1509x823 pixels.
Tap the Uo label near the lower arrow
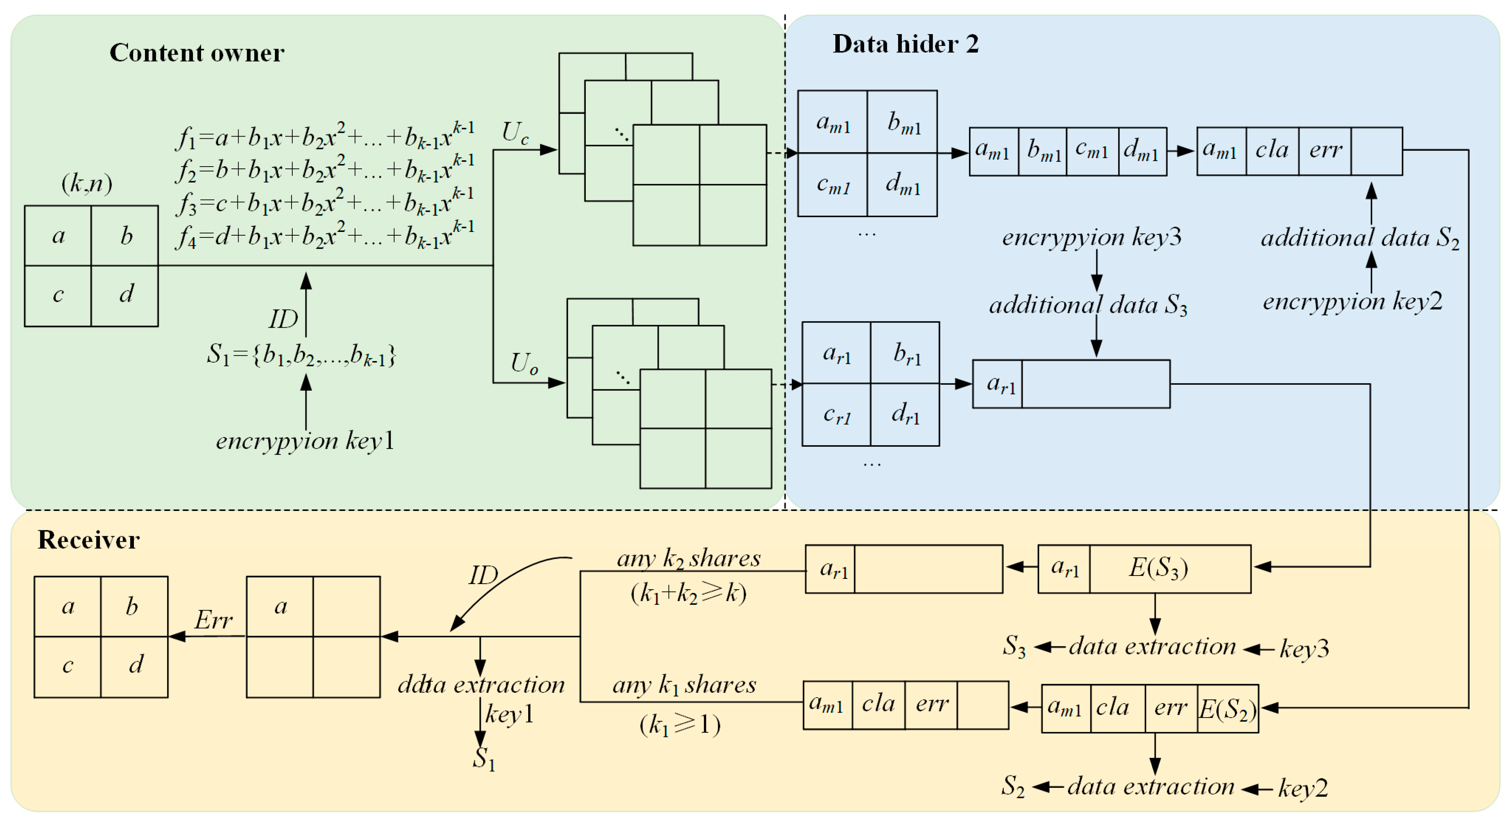tap(524, 363)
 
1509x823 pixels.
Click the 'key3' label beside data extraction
tap(1304, 649)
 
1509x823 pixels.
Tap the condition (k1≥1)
tap(680, 725)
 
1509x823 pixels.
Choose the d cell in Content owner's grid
tap(125, 294)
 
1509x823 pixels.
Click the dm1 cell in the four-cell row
tap(1142, 151)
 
